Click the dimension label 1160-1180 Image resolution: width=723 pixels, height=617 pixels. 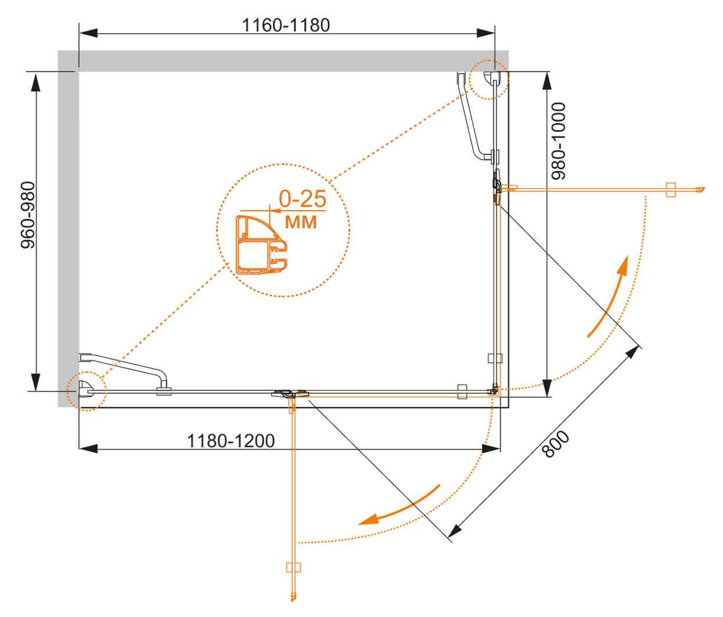point(286,25)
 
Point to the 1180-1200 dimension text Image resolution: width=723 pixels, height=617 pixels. point(231,441)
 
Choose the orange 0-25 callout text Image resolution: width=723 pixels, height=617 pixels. point(302,199)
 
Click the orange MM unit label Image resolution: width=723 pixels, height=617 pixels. point(301,221)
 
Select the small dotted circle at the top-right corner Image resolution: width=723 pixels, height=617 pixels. point(488,80)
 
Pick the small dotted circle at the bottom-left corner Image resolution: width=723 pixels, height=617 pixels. point(86,391)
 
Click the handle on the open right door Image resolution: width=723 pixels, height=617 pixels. point(671,189)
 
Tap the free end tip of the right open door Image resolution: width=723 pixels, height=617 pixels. point(701,189)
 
